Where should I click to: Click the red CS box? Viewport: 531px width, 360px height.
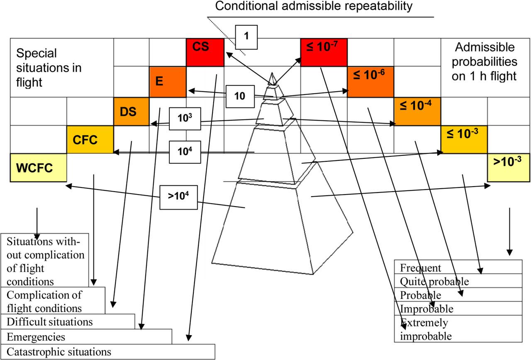point(205,52)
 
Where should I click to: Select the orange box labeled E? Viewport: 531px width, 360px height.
point(168,81)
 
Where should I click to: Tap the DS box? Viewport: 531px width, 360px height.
point(131,111)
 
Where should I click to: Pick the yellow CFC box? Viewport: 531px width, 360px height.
point(90,140)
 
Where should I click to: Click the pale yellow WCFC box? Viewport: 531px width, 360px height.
point(38,167)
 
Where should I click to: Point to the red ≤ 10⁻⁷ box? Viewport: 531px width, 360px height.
point(323,52)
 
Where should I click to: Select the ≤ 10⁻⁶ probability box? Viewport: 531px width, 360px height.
point(370,81)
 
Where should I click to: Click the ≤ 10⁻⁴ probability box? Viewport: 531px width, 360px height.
point(417,111)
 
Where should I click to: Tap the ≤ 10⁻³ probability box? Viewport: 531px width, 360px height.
point(464,140)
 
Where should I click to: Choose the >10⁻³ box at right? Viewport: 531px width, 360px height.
point(509,167)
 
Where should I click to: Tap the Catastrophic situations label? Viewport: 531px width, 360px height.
point(59,352)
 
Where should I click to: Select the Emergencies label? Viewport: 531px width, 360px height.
point(36,336)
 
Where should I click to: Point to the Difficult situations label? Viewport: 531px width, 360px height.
point(50,321)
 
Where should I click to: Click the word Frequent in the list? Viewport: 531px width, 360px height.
point(420,268)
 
